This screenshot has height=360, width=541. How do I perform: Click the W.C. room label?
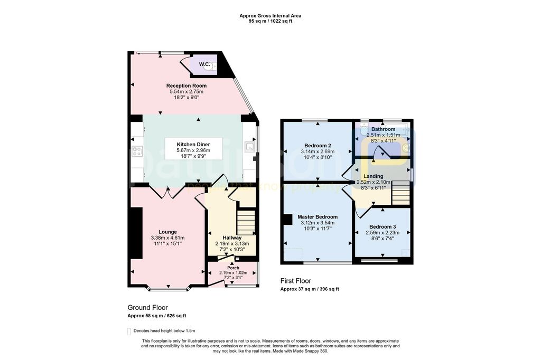204,64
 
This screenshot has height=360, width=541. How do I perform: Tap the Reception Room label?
186,86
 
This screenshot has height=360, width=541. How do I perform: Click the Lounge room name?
168,232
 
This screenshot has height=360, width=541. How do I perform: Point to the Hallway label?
231,238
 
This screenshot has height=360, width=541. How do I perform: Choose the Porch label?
233,268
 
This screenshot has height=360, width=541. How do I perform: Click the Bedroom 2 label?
318,145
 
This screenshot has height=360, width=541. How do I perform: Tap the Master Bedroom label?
318,217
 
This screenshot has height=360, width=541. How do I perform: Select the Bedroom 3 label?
383,226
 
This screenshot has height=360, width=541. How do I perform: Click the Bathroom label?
383,129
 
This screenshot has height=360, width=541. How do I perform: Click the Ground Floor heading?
147,307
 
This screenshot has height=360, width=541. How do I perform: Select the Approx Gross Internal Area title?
270,16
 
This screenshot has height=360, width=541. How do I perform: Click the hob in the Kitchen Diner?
137,151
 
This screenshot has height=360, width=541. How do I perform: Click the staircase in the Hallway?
246,223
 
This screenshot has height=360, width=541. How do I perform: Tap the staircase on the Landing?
402,193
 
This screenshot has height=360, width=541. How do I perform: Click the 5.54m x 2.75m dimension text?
186,91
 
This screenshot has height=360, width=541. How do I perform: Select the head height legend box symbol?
129,331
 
